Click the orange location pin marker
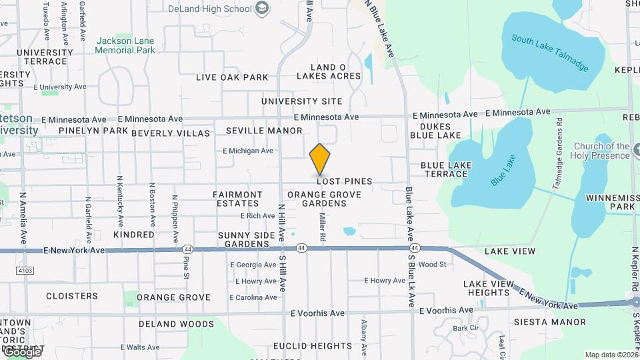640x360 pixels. [320, 159]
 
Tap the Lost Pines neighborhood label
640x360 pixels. [344, 181]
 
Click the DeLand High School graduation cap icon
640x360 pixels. [262, 9]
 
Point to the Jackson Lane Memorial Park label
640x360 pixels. [125, 45]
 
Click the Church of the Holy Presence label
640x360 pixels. [602, 151]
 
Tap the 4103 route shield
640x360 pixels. [25, 270]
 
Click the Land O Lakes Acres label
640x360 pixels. [335, 72]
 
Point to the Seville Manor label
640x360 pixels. [264, 131]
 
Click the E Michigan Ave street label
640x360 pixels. [248, 151]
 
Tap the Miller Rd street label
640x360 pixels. [322, 227]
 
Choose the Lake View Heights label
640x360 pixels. [489, 288]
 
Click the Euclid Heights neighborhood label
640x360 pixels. [312, 346]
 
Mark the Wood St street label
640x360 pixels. [432, 265]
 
